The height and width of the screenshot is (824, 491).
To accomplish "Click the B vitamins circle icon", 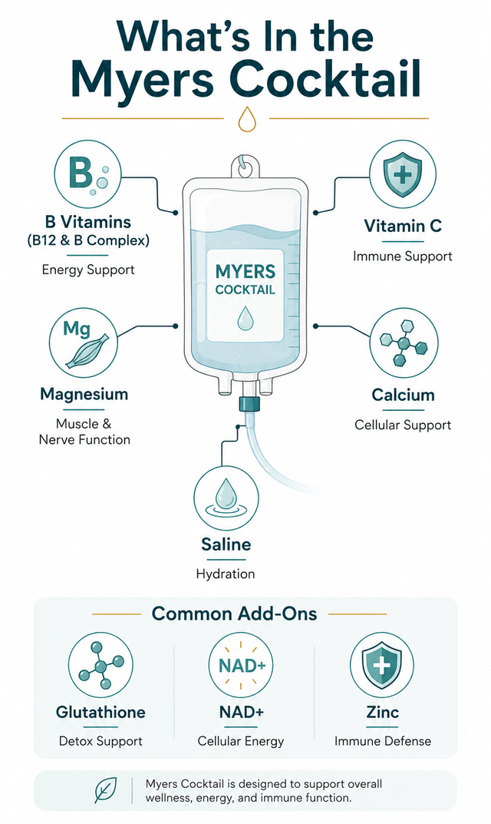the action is tap(87, 174).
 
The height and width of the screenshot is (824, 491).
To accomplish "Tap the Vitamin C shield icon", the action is tap(403, 174).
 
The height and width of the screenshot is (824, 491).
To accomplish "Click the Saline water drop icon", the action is tap(226, 498).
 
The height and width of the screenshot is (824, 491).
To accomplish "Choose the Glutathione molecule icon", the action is tap(101, 665).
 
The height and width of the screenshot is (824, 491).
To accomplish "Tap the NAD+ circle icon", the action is tap(242, 665).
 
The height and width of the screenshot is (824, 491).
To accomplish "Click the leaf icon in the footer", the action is tap(106, 790).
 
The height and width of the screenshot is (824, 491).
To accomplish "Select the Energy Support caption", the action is tap(88, 270).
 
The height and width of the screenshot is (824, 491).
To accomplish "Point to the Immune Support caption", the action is tap(403, 256).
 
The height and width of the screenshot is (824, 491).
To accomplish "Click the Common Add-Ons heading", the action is tap(234, 614).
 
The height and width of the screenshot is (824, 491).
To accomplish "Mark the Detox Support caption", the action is tap(101, 742).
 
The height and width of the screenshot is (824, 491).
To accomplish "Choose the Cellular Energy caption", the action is tap(241, 742).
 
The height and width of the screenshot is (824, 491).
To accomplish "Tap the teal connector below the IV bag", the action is tap(246, 404).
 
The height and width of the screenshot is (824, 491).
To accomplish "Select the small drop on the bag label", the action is tap(245, 318).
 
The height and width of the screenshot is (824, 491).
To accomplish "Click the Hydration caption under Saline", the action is tap(226, 574).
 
